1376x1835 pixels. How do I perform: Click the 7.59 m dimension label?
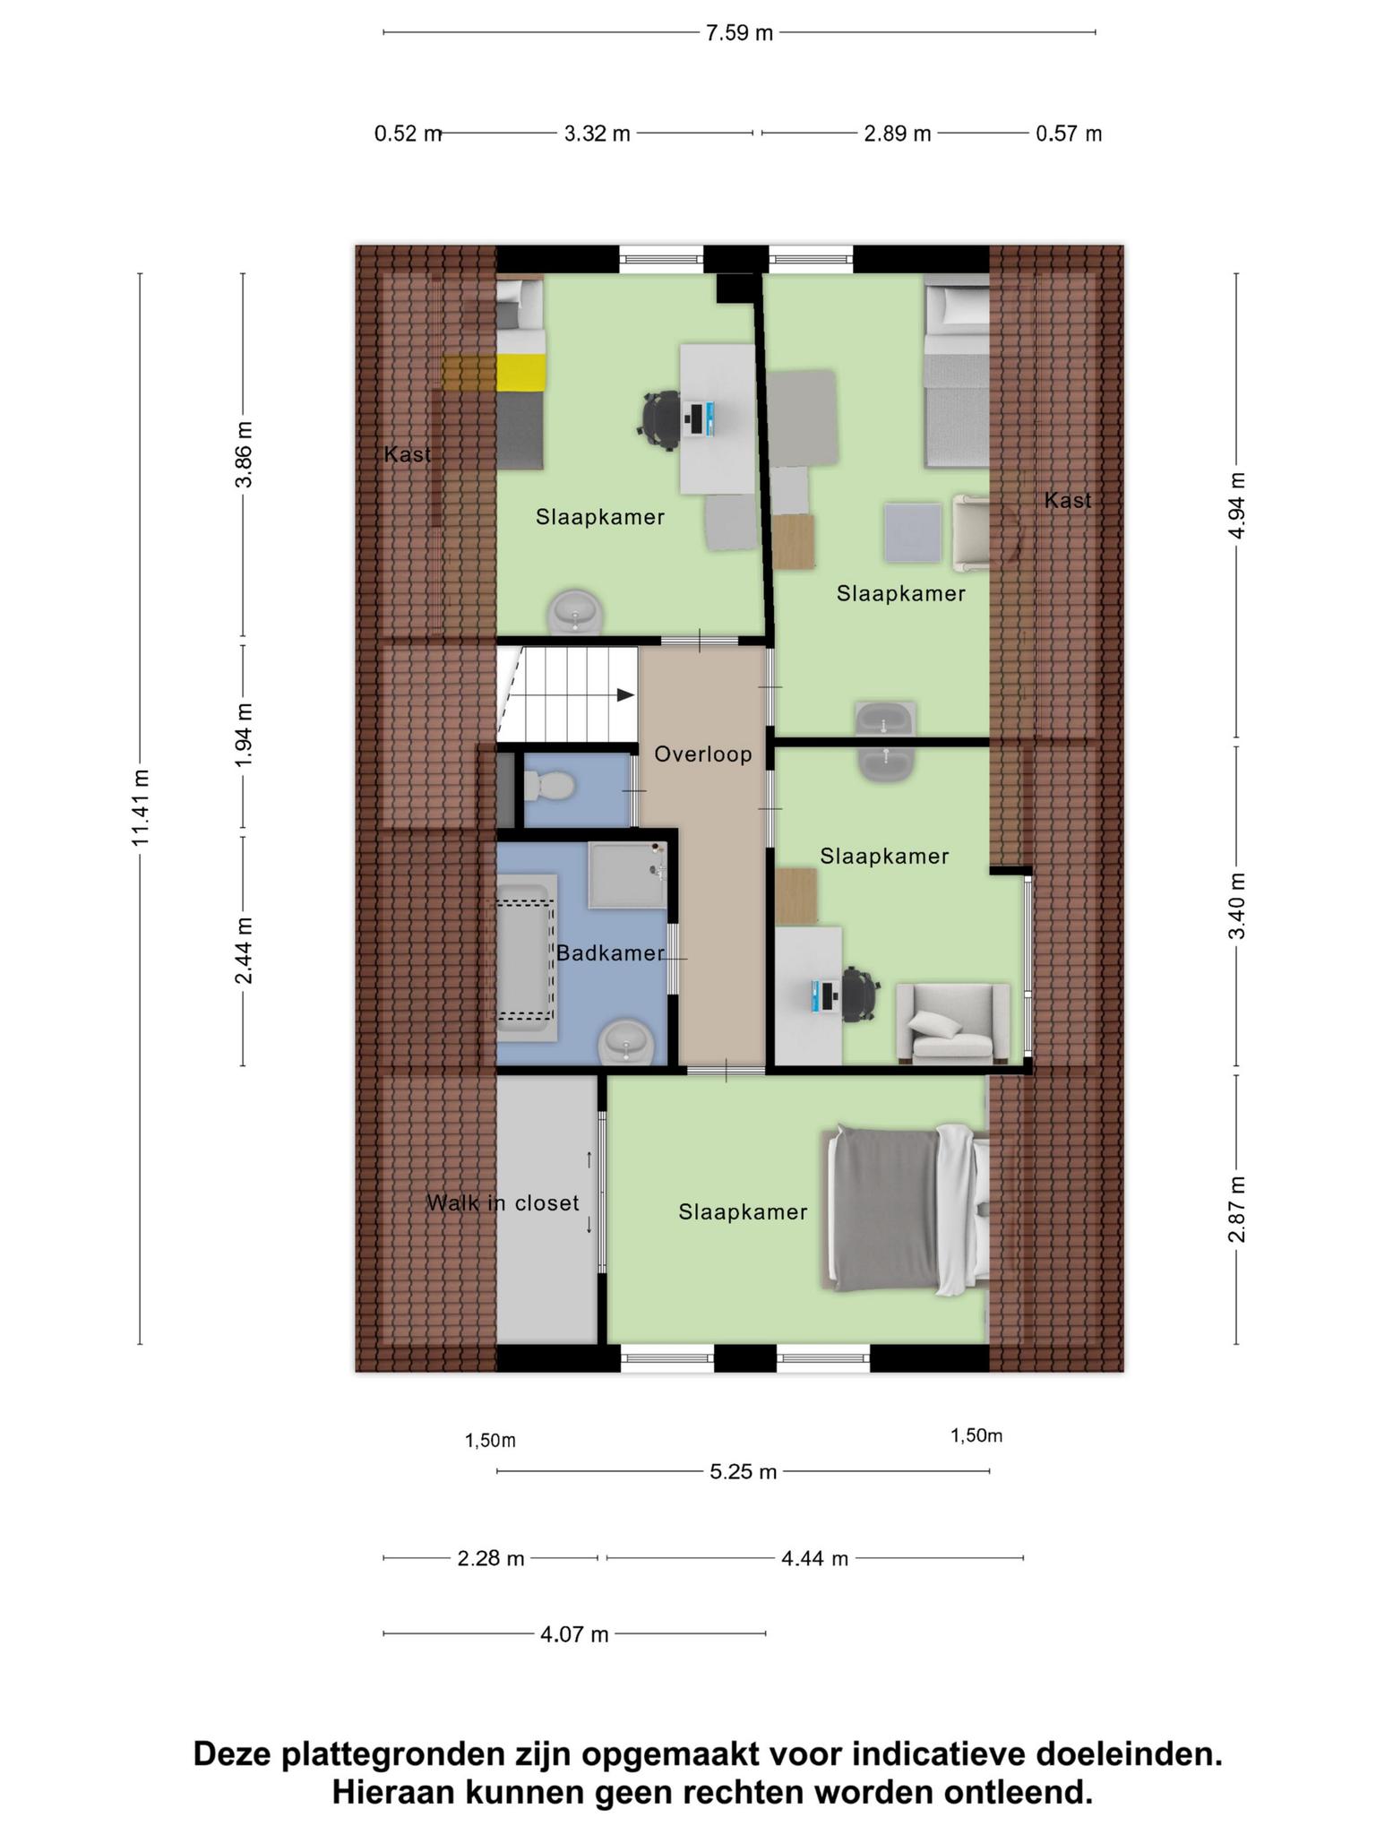point(739,33)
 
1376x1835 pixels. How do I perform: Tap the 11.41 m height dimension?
point(141,807)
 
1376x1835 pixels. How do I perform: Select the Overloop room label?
point(703,754)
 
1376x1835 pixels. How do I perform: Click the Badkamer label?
point(610,953)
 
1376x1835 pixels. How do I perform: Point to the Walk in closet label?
point(503,1203)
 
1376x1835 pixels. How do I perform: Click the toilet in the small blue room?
point(547,788)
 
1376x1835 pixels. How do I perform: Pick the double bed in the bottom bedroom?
point(905,1210)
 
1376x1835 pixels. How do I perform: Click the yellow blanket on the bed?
point(521,372)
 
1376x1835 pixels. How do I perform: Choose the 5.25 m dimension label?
point(743,1471)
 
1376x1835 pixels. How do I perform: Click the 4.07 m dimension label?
point(574,1634)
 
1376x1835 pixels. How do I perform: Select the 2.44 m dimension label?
point(244,951)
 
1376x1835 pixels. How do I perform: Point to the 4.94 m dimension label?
point(1236,505)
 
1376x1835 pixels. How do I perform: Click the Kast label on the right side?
point(1068,500)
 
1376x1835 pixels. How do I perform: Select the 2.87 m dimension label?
point(1236,1210)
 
